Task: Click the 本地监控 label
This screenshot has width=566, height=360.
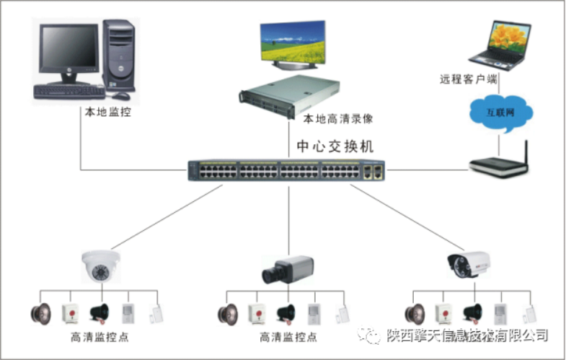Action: coord(108,113)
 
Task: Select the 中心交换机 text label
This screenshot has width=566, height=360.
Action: coord(335,146)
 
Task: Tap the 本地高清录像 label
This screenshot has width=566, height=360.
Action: coord(338,118)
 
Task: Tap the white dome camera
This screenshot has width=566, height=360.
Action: coord(100,265)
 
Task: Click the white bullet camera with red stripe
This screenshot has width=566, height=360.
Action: coord(466,265)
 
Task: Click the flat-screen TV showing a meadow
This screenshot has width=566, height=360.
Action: coord(292,43)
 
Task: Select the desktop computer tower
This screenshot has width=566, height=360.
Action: coord(118,56)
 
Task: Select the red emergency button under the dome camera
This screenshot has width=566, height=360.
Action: coord(72,313)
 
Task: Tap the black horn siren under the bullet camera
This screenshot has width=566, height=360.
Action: coord(473,313)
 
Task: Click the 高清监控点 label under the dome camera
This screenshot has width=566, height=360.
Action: coord(100,338)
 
